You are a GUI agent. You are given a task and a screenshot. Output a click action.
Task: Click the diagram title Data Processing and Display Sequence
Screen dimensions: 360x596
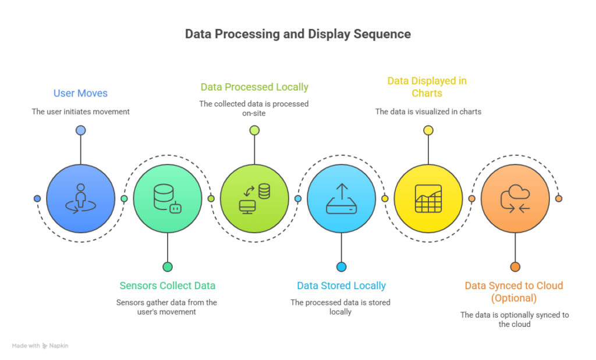pos(297,34)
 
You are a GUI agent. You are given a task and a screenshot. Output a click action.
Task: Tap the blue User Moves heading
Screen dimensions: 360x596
pos(80,93)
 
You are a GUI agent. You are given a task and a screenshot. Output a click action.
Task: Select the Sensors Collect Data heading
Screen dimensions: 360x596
pos(167,286)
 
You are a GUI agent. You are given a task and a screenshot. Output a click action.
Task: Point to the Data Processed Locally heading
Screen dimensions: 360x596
pos(254,87)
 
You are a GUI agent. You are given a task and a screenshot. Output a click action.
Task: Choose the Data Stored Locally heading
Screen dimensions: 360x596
pos(341,286)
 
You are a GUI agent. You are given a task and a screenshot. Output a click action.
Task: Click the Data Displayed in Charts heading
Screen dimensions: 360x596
pos(427,87)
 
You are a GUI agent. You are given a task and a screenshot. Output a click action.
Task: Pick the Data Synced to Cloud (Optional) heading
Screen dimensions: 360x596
pos(514,291)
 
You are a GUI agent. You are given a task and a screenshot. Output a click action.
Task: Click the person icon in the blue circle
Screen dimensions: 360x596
pos(80,198)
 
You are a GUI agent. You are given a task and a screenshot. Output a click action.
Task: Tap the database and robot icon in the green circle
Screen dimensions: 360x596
pos(167,198)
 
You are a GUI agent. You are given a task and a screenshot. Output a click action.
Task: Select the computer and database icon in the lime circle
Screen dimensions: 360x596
pos(254,198)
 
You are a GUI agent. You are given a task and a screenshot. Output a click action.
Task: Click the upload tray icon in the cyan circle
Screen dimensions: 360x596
pos(341,198)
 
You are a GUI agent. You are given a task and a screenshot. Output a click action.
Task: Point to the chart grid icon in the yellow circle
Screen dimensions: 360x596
pos(428,198)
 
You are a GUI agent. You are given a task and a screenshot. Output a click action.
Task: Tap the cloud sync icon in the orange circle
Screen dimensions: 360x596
pos(515,198)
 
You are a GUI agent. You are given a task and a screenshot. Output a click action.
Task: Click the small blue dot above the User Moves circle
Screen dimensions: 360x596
pos(80,130)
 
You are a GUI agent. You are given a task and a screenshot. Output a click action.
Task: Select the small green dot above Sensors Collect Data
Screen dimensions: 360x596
pos(168,266)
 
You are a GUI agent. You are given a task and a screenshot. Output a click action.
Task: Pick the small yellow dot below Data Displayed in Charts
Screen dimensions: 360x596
pos(428,130)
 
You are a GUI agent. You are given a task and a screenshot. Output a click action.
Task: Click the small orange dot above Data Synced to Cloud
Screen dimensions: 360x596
pos(515,266)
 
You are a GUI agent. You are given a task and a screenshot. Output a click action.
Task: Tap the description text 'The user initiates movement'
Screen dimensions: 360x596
pos(80,111)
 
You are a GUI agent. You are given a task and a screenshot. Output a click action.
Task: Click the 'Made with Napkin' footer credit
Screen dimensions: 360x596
pos(41,345)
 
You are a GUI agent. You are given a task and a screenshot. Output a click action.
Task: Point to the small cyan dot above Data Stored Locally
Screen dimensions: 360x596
pos(341,266)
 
